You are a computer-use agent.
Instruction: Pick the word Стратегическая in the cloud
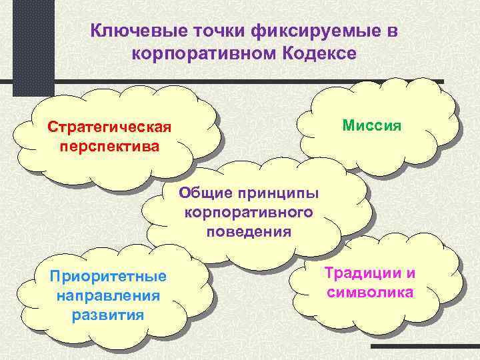coord(109,127)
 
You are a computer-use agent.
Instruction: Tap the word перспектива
coord(109,144)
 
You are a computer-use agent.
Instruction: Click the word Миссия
coord(371,125)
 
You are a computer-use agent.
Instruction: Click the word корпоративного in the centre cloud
coord(249,213)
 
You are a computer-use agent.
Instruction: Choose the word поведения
coord(249,231)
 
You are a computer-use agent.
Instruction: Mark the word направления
coord(108,296)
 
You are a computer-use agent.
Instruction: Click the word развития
coord(108,314)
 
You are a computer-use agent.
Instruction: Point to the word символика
coord(369,292)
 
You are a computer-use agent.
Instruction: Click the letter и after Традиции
coord(411,273)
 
